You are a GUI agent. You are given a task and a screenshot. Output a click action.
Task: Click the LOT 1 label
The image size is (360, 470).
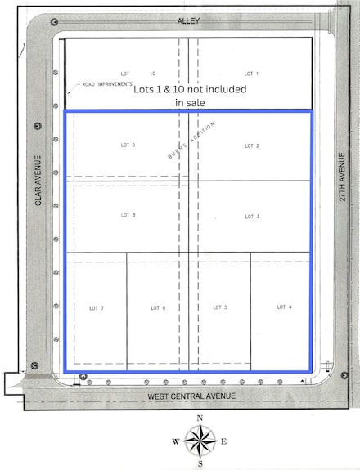tap(251, 74)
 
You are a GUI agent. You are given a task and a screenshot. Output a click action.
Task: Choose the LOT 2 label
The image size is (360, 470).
tap(251, 145)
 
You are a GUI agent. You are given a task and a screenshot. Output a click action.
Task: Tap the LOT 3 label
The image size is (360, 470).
tap(252, 217)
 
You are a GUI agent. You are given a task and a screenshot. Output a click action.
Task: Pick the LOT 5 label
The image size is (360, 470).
tap(220, 307)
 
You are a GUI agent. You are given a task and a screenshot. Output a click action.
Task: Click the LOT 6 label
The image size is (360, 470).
tap(158, 307)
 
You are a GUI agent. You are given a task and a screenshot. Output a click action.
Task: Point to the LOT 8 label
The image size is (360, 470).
tap(128, 215)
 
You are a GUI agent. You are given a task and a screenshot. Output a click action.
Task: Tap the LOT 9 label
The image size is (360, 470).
tap(128, 145)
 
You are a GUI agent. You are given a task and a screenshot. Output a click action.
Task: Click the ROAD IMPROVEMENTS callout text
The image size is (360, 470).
tap(106, 84)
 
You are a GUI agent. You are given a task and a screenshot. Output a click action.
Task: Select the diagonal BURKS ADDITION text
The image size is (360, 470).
tap(190, 140)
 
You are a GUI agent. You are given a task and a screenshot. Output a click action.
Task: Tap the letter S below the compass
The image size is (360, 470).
tap(200, 464)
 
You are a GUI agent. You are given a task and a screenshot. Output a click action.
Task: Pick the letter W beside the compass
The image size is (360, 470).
tap(175, 442)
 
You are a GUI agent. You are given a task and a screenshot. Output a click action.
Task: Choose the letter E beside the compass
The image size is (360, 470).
tap(223, 442)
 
